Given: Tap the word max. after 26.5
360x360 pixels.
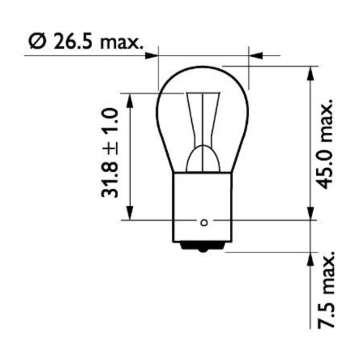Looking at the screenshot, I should [x=121, y=42].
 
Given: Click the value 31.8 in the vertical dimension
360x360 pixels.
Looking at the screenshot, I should [x=111, y=181].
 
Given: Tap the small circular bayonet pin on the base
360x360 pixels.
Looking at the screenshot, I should [x=204, y=223].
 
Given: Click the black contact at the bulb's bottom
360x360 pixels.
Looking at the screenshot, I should [x=204, y=248].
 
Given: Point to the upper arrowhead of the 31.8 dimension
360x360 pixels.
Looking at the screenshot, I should [x=130, y=100].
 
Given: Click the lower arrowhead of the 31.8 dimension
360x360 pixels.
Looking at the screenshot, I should [x=130, y=213].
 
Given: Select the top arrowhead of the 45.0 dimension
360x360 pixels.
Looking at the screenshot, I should [x=310, y=74].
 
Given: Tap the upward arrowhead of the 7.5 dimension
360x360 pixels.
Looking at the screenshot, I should [x=310, y=259].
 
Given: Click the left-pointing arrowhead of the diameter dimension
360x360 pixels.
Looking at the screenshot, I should [x=256, y=54].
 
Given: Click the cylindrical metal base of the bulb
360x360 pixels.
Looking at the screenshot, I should [x=204, y=206].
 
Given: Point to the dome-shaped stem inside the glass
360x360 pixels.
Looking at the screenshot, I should [x=204, y=159].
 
